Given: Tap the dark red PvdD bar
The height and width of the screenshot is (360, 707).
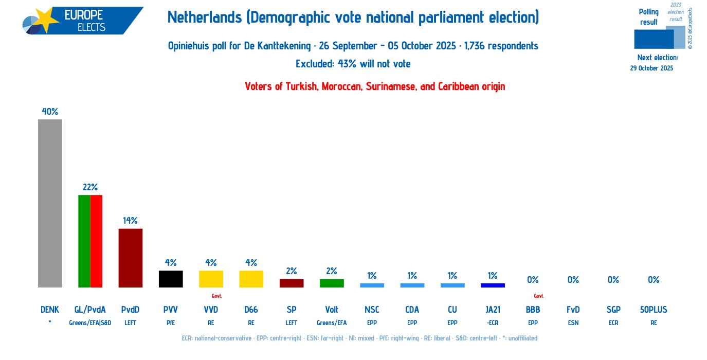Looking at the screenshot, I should coord(131,258).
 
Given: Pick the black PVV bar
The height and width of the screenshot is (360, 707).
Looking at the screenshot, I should coord(171,279).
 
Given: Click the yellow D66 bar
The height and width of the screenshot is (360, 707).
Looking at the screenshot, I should coord(251,279).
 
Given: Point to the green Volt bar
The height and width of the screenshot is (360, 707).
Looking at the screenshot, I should coord(332,283).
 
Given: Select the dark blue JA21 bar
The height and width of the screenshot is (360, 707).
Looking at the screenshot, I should coord(493,285).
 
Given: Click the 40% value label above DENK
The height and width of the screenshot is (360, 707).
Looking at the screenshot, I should coord(50,111).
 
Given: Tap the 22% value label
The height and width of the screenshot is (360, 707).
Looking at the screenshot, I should coord(90,187).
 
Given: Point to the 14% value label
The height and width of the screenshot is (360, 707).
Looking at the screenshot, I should coord(130,221).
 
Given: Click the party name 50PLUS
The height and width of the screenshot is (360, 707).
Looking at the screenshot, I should coord(654,310).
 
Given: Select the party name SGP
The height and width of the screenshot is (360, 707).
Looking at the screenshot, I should coord(613,310).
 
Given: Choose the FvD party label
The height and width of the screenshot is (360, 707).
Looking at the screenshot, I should coord(573,310).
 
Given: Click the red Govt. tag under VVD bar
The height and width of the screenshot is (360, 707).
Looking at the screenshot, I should coord(216,296).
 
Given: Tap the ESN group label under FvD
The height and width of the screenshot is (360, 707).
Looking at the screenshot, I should coord(573,323).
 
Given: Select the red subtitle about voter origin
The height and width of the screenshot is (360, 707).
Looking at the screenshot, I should coord(375,86).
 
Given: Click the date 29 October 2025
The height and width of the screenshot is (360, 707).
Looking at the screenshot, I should coord(651,68).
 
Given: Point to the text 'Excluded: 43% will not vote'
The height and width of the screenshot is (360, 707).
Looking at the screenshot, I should coord(353,64).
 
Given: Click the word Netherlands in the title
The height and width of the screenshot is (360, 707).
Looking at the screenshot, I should coord(204,18).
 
